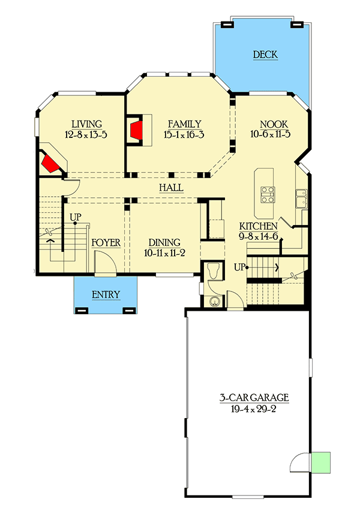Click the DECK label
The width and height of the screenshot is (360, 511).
tap(265, 55)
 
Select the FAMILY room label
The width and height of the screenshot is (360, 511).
tap(184, 124)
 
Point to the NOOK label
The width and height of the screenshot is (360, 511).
tap(270, 124)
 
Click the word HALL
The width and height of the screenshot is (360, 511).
tap(171, 188)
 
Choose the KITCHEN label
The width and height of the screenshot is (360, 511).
tap(258, 226)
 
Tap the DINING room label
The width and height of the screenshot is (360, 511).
tap(164, 243)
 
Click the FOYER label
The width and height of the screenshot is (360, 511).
tap(106, 243)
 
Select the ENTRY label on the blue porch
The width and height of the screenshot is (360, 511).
tap(106, 294)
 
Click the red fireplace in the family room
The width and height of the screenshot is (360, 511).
tap(135, 129)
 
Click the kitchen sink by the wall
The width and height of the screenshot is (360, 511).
tap(301, 196)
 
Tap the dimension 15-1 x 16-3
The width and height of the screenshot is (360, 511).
tap(184, 135)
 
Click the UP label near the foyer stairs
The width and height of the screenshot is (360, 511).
tap(76, 217)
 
